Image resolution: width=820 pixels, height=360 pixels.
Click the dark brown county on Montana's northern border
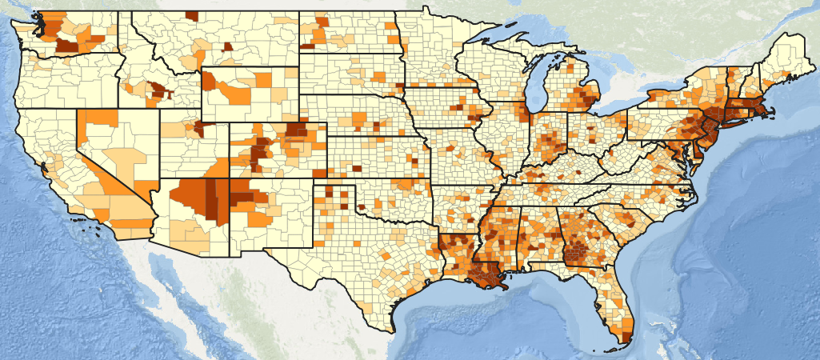(x=191, y=16)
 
